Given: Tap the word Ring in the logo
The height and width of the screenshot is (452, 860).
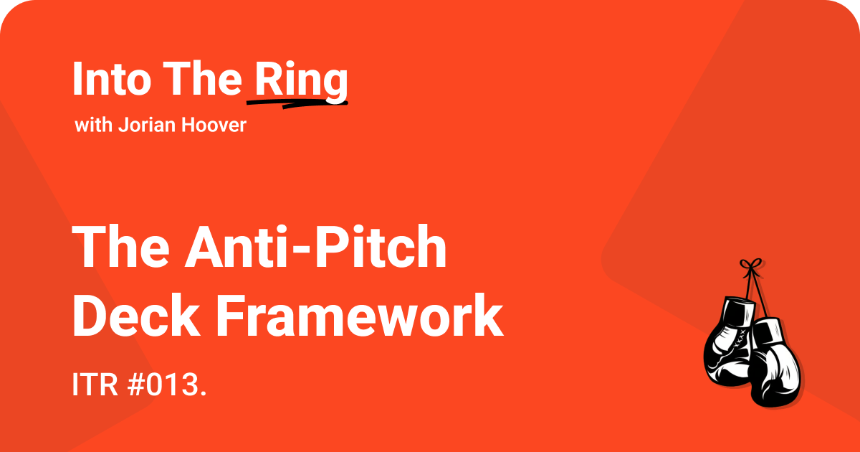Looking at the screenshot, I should (301, 81).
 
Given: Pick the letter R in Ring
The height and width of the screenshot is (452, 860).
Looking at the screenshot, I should (267, 80).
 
